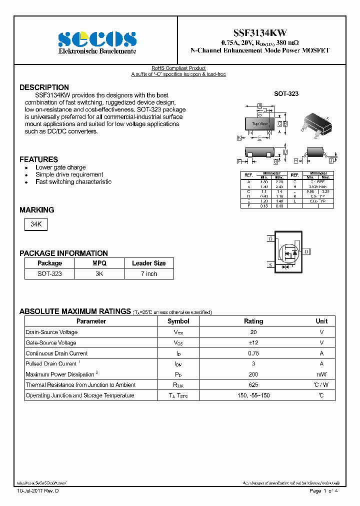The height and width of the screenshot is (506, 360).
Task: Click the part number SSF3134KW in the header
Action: (x=261, y=32)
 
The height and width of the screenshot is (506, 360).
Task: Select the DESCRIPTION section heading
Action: (x=44, y=87)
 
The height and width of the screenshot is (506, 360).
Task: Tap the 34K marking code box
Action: (x=36, y=225)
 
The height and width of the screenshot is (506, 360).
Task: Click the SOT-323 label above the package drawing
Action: (x=286, y=93)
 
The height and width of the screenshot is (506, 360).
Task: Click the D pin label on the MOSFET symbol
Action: (x=306, y=251)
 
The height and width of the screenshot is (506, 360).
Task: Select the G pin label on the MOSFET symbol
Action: (x=270, y=239)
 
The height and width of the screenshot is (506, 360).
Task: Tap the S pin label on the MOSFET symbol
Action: (x=270, y=264)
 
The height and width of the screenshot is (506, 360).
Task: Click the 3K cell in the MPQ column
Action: (x=99, y=274)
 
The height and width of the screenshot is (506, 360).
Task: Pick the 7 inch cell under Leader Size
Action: (x=148, y=274)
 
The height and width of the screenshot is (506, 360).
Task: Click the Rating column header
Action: (x=253, y=321)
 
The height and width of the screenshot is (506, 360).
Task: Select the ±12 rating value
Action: (x=253, y=342)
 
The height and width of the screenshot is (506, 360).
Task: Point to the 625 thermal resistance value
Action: (x=253, y=385)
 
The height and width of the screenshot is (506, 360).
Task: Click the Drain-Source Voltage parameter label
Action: (x=51, y=332)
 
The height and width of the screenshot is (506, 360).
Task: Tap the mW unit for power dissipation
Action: (x=321, y=374)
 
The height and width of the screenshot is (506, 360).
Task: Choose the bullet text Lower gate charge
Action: (x=60, y=167)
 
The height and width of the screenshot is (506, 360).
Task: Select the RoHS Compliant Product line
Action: (x=178, y=68)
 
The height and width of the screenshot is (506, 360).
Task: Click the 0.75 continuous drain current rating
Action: (x=253, y=353)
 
